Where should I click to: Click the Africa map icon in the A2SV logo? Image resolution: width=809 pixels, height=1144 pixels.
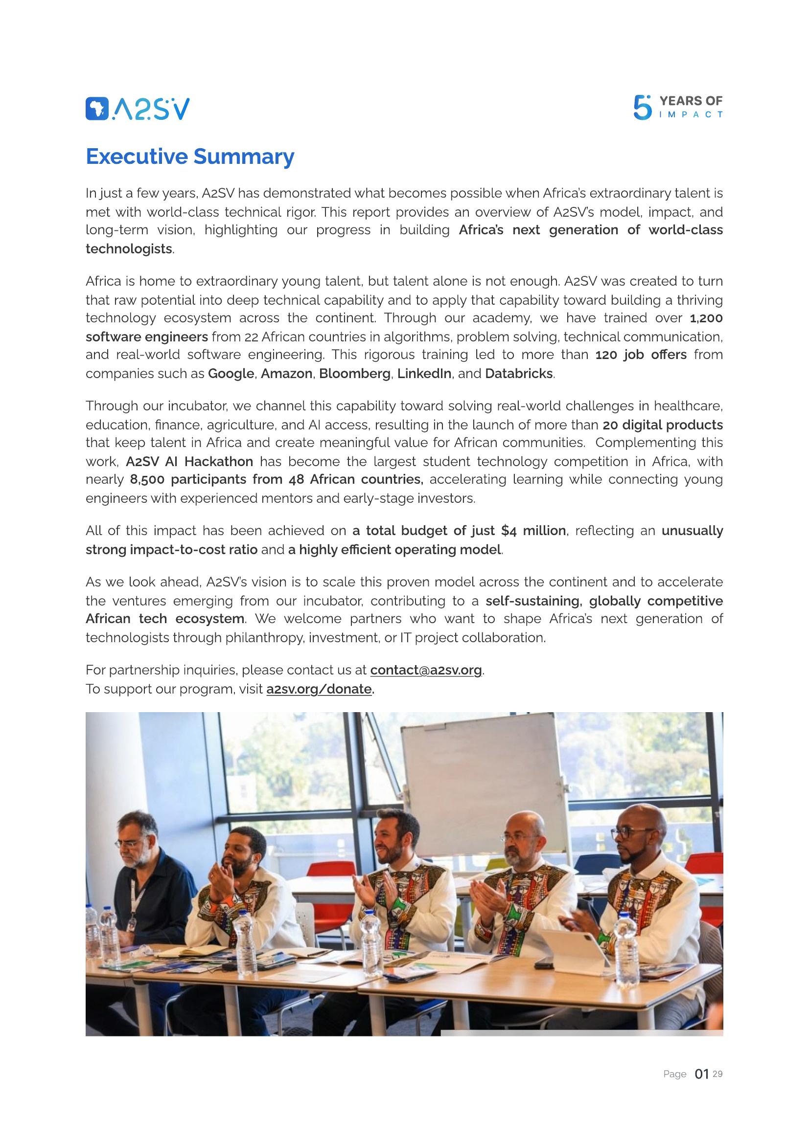point(97,109)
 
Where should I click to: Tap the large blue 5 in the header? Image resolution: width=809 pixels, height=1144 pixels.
point(642,108)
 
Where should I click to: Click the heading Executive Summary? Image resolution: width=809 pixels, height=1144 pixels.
point(190,157)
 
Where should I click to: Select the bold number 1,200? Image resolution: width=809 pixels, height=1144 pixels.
point(706,318)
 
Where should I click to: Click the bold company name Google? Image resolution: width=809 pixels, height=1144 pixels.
point(231,374)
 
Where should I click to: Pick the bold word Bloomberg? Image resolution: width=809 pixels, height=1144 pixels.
point(354,374)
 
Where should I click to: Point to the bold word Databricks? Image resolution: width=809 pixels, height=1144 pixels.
point(518,374)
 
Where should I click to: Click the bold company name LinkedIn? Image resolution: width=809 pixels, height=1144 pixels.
point(424,374)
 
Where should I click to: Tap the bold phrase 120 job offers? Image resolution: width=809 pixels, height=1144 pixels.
point(641,355)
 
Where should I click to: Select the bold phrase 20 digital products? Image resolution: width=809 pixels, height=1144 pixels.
point(663,425)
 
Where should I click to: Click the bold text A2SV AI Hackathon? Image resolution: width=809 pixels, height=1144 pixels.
point(189,461)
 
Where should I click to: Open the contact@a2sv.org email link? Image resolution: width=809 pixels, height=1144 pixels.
point(426,670)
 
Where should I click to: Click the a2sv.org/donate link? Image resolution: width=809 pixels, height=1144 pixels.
point(320,689)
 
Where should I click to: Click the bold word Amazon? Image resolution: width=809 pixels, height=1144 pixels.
point(287,374)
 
